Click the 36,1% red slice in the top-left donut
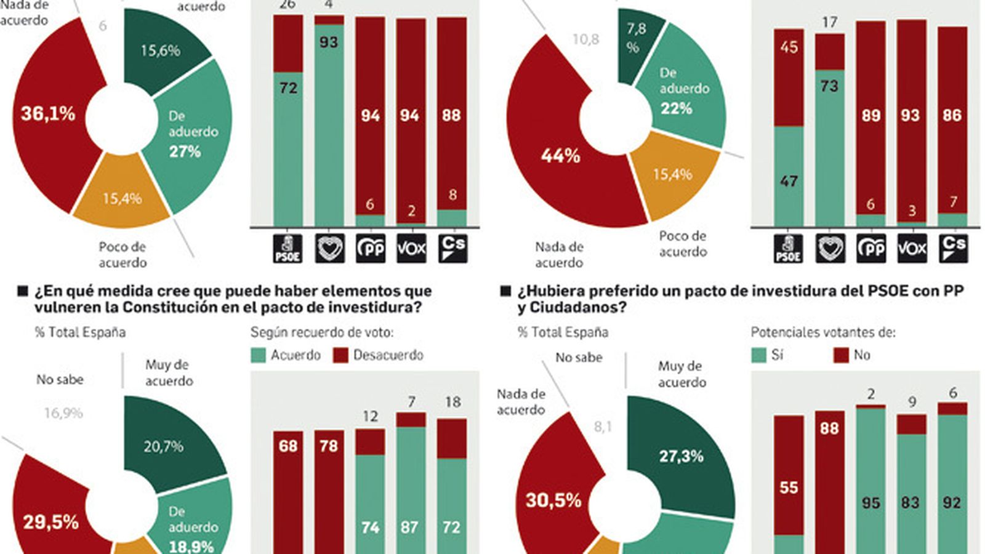[x=48, y=114]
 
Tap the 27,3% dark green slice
[x=681, y=456]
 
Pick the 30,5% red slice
[x=553, y=500]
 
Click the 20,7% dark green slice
[x=163, y=446]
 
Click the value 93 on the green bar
[x=329, y=42]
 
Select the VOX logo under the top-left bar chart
[x=411, y=249]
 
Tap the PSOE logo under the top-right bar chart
[x=788, y=249]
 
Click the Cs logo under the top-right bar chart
[x=952, y=249]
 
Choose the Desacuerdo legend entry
[x=379, y=355]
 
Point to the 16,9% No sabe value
[x=63, y=413]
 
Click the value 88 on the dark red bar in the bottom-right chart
[x=829, y=428]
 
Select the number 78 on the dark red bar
[x=329, y=446]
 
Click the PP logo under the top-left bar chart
[x=371, y=249]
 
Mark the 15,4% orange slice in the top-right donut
[x=672, y=175]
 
